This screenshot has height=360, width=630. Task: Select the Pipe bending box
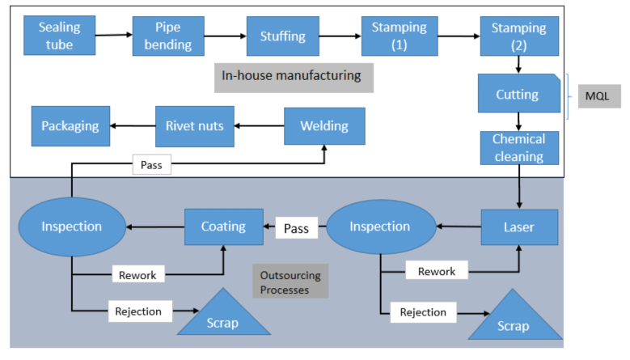pyautogui.click(x=168, y=36)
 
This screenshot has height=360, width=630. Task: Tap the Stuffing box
pyautogui.click(x=282, y=36)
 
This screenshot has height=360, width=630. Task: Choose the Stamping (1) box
pyautogui.click(x=400, y=36)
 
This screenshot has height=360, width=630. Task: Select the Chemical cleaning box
pyautogui.click(x=518, y=147)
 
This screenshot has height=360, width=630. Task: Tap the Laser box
pyautogui.click(x=518, y=227)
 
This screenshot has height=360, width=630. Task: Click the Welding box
pyautogui.click(x=324, y=126)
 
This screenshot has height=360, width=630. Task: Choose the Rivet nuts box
pyautogui.click(x=194, y=126)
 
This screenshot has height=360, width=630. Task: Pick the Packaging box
pyautogui.click(x=70, y=126)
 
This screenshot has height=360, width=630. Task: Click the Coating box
pyautogui.click(x=223, y=227)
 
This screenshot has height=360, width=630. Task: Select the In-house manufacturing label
pyautogui.click(x=294, y=76)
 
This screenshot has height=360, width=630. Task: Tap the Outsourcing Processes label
pyautogui.click(x=290, y=282)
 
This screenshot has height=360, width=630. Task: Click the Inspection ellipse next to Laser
pyautogui.click(x=379, y=227)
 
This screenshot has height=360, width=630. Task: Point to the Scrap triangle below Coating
pyautogui.click(x=223, y=318)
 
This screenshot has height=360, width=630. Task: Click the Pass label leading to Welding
pyautogui.click(x=151, y=165)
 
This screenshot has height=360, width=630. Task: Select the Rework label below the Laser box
pyautogui.click(x=436, y=271)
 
